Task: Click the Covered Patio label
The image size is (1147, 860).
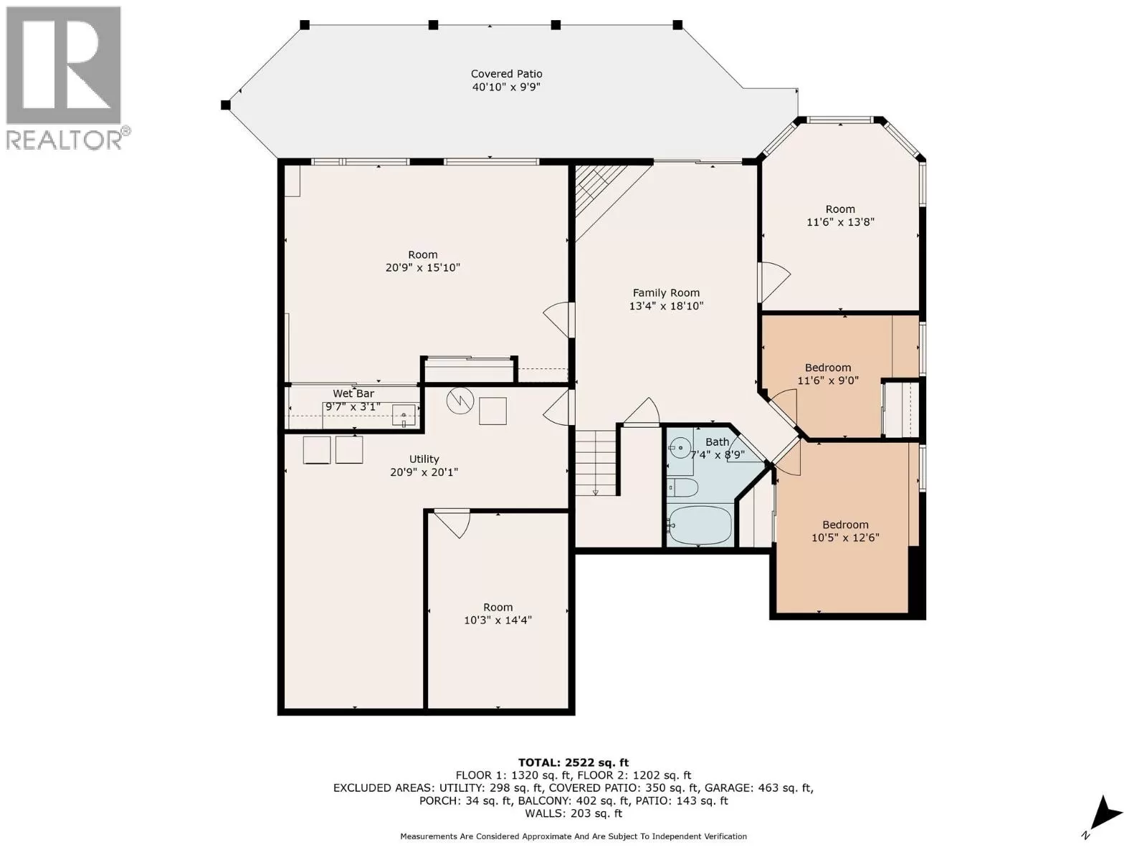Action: coord(506,74)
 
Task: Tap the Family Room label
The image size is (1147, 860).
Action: coord(666,293)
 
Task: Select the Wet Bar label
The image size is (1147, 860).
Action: coord(353,393)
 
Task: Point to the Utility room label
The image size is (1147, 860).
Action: coord(424,459)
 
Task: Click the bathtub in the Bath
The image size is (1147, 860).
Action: coord(700,525)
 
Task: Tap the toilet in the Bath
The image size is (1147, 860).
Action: coord(682,489)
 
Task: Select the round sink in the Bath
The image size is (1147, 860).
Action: coord(680,447)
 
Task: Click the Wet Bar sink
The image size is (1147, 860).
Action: coord(404,416)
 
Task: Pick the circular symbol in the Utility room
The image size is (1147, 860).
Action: coord(460,401)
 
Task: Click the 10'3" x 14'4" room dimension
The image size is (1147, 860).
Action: coord(498,621)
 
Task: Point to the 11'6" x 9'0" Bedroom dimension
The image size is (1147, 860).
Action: coord(828,381)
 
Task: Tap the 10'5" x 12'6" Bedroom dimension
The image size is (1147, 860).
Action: coord(845,537)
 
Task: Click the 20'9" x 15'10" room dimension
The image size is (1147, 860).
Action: coord(423,268)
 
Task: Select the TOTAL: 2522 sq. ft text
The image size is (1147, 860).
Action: coord(573,763)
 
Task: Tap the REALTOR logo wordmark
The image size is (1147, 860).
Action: coord(65,140)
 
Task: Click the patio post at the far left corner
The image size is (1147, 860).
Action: coord(225,105)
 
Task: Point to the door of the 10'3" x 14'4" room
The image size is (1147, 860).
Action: coord(452,523)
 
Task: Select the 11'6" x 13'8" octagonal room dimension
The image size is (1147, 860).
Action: coord(840,222)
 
